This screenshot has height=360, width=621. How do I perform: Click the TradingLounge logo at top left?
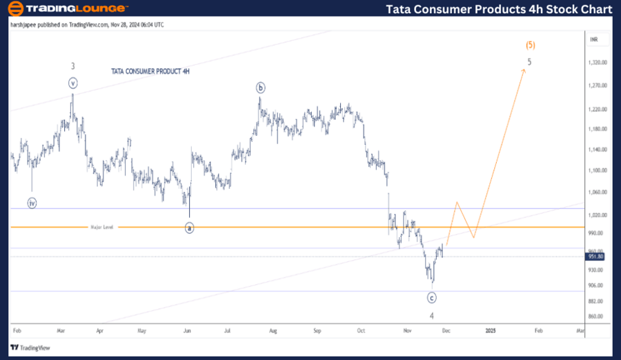click(x=68, y=9)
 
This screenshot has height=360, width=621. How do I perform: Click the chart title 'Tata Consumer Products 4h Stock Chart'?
click(x=499, y=9)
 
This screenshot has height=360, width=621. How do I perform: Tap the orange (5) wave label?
click(x=530, y=46)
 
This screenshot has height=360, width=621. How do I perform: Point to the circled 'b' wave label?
click(x=260, y=88)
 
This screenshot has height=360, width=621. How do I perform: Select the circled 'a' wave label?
click(x=190, y=228)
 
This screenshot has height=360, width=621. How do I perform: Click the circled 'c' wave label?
click(x=431, y=298)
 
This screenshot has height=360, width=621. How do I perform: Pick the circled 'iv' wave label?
click(x=32, y=203)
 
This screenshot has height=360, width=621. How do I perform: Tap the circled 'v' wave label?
click(x=73, y=83)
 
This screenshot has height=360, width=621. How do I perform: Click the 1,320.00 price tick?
click(x=597, y=62)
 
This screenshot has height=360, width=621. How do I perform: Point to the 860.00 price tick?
click(x=595, y=317)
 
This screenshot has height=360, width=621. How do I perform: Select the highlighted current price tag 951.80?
click(x=596, y=257)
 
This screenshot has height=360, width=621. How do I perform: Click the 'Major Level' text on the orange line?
click(x=101, y=227)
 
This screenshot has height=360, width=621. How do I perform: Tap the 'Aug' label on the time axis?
click(x=273, y=330)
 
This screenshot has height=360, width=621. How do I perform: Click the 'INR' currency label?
click(x=594, y=40)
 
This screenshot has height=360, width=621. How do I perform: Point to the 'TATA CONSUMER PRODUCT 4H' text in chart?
click(x=150, y=72)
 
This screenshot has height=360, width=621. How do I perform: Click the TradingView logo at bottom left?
click(x=30, y=348)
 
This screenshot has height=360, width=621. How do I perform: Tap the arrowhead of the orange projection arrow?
click(x=524, y=70)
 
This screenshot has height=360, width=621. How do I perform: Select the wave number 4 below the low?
click(x=432, y=316)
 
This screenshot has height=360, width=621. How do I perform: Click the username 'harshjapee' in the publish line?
click(x=26, y=25)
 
